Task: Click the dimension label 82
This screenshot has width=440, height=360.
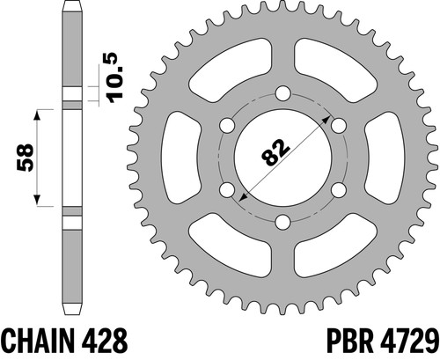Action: [x=275, y=151]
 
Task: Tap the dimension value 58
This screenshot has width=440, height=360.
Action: [x=26, y=157]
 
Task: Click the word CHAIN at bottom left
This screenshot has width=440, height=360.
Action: [x=36, y=341]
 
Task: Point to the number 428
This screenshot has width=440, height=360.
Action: [x=103, y=341]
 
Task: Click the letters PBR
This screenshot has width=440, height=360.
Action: [x=348, y=341]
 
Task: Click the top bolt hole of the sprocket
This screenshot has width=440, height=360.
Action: [x=283, y=93]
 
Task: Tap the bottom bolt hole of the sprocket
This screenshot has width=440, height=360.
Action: [x=283, y=222]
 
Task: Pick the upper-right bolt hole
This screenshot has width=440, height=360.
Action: [x=339, y=126]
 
